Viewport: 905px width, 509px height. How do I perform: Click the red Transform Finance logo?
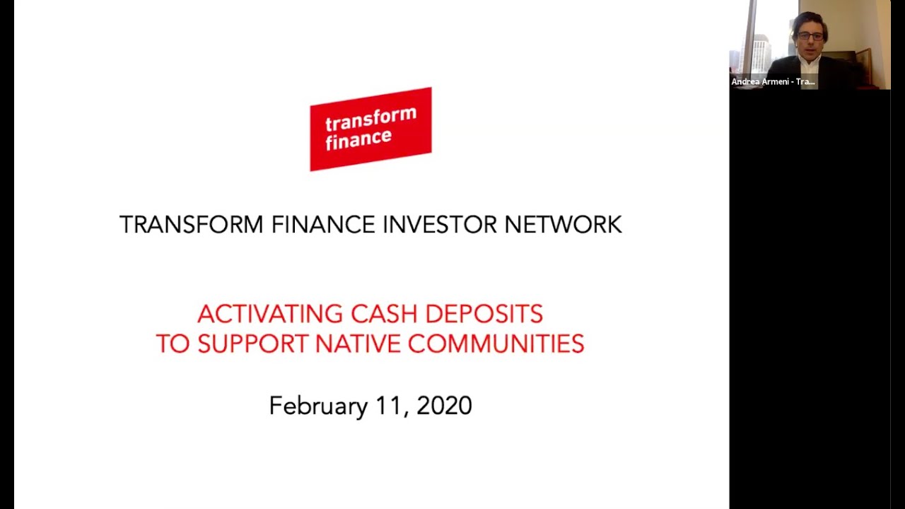(x=370, y=129)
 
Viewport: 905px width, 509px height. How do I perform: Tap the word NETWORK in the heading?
(x=563, y=225)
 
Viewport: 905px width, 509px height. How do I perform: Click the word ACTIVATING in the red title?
(x=270, y=314)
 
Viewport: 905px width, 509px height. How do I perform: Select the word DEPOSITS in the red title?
(x=484, y=314)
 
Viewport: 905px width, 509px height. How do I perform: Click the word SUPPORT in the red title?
(x=252, y=344)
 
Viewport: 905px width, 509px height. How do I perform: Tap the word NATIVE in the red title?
(x=358, y=344)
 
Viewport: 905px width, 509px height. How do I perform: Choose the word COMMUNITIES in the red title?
(x=496, y=344)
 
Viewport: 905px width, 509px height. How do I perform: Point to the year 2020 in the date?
(x=444, y=406)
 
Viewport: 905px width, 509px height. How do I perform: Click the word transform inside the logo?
(x=370, y=119)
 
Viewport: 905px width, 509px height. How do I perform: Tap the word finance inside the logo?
(x=358, y=138)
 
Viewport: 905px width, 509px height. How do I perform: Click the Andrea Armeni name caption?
(x=773, y=82)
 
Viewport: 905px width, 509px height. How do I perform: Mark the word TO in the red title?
(x=173, y=344)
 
